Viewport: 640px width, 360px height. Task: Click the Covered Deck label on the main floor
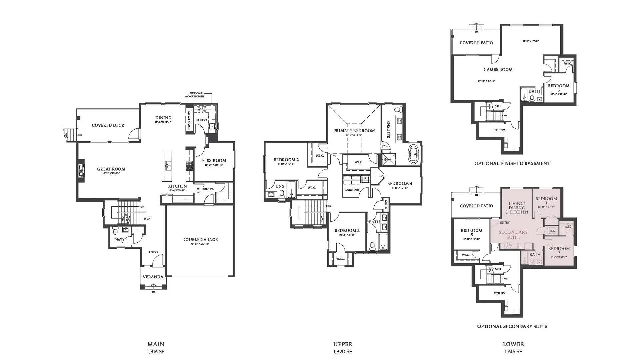point(108,126)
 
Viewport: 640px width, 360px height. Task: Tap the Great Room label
point(111,169)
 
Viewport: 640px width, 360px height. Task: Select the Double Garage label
point(200,240)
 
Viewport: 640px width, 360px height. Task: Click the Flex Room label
point(214,161)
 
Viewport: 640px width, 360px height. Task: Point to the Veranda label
point(153,277)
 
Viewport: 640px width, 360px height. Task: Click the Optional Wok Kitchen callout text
point(196,95)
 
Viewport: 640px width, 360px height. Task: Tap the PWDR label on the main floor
point(120,240)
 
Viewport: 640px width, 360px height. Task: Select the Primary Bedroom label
point(354,131)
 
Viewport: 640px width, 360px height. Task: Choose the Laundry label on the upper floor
point(352,190)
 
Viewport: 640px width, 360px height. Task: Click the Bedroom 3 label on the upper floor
point(347,231)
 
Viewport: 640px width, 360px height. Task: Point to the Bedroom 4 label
point(400,184)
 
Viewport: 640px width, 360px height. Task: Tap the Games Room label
point(498,70)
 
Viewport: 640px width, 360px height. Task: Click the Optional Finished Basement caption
point(512,163)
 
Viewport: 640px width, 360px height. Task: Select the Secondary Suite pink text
point(513,235)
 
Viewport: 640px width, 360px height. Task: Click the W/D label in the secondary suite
point(552,231)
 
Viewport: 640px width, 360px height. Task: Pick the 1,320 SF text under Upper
point(342,352)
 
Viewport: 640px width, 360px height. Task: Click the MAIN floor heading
point(156,344)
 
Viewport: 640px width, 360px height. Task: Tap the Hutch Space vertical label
point(189,120)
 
